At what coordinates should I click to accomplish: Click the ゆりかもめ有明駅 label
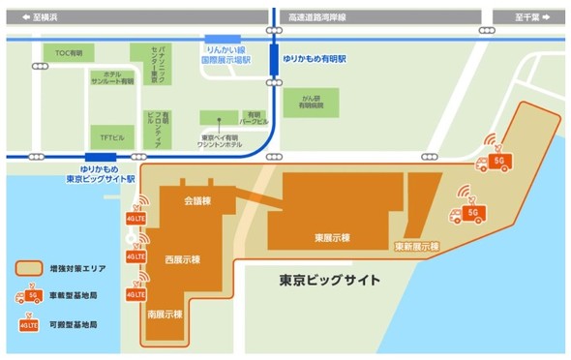pyautogui.click(x=315, y=59)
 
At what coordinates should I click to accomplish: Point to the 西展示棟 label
pyautogui.click(x=180, y=259)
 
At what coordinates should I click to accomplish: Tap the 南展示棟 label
pyautogui.click(x=167, y=315)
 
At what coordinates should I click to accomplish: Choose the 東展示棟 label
pyautogui.click(x=332, y=237)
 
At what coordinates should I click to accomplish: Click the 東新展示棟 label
pyautogui.click(x=417, y=247)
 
